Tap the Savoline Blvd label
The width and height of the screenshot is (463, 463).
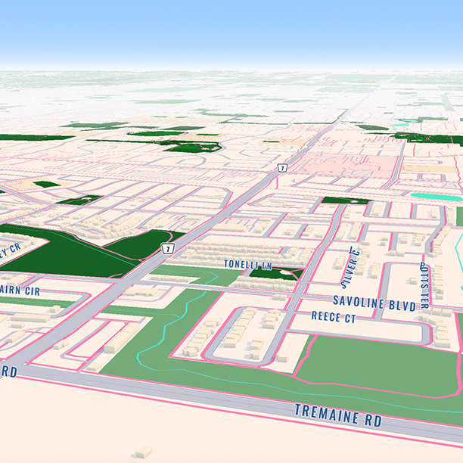tap(374, 303)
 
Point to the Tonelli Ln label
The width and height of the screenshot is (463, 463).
tap(247, 264)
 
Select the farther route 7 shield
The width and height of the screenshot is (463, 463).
tap(281, 167)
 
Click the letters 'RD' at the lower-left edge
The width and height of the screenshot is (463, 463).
tap(8, 371)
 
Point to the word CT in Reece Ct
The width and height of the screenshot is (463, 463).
tap(349, 319)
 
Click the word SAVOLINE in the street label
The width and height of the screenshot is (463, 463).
tap(359, 302)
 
